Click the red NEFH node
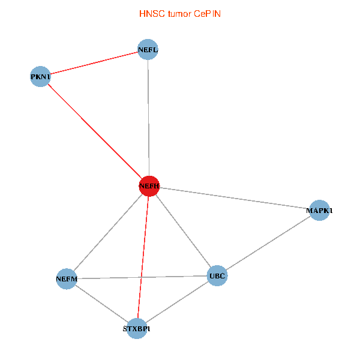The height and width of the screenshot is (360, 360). tap(149, 187)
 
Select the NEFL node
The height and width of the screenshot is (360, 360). tap(148, 50)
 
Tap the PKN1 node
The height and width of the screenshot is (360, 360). tap(40, 77)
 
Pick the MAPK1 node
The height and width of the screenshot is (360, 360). tap(319, 211)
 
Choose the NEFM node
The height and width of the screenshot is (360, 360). tap(66, 279)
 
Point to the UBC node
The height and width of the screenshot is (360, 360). tap(217, 276)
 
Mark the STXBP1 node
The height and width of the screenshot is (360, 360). tap(137, 329)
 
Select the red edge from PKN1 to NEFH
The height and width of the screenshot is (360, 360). tap(94, 131)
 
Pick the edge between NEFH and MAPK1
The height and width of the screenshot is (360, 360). tap(234, 199)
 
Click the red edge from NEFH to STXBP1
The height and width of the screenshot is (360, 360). tap(143, 258)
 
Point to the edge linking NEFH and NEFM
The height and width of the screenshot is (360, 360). tap(107, 233)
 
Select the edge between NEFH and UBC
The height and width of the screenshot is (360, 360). tap(182, 231)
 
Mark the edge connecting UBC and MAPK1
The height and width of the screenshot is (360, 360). tap(268, 244)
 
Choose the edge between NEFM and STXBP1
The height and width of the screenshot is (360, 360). tap(101, 304)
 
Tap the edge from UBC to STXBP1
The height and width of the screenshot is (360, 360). tap(177, 302)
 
